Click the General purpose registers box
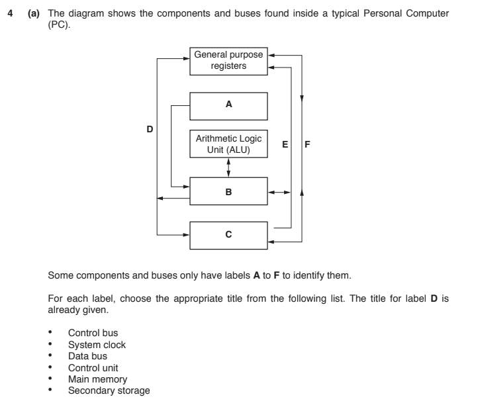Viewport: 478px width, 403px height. pyautogui.click(x=229, y=60)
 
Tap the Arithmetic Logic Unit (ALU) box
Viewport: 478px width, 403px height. pyautogui.click(x=229, y=144)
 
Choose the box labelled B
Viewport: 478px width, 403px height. pyautogui.click(x=229, y=191)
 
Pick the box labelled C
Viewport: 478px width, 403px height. pyautogui.click(x=229, y=235)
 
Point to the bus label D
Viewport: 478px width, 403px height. pyautogui.click(x=150, y=129)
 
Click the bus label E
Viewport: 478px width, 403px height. pyautogui.click(x=285, y=144)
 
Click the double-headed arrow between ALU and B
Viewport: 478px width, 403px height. pyautogui.click(x=229, y=167)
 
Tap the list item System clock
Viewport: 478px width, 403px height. pyautogui.click(x=97, y=345)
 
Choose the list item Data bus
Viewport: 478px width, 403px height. pyautogui.click(x=87, y=356)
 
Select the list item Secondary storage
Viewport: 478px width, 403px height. pyautogui.click(x=109, y=390)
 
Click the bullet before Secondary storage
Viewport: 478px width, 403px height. pyautogui.click(x=52, y=390)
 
